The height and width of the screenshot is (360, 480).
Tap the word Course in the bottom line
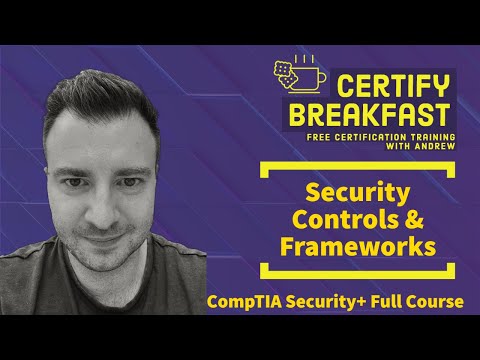point(435,302)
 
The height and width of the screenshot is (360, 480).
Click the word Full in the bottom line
point(392,302)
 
